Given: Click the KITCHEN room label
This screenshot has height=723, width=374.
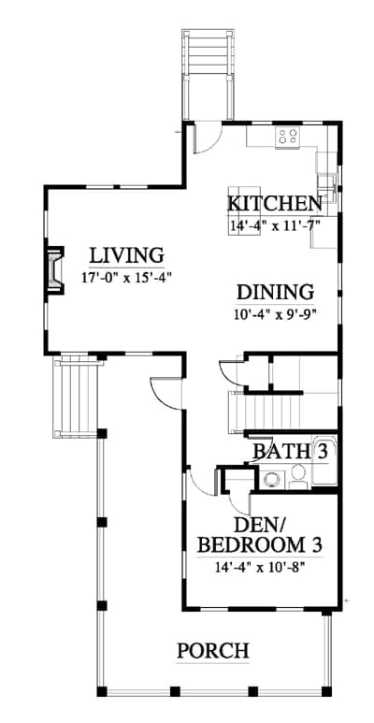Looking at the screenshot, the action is tap(275, 203).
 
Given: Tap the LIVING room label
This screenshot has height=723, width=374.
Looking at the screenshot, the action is tap(127, 255).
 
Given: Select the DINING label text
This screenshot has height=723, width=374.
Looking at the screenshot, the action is tap(275, 293).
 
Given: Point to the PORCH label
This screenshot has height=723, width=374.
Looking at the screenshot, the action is tap(213, 651).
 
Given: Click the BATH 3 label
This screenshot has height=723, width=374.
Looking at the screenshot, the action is tap(291, 451).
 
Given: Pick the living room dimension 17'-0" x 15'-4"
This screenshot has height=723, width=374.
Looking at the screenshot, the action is tap(127, 278).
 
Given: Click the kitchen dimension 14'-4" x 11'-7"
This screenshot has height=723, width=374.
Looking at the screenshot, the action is tap(275, 225).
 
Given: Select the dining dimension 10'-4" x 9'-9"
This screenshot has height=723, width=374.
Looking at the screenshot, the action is tap(276, 314).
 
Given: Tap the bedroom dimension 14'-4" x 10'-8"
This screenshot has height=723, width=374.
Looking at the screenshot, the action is tap(261, 567).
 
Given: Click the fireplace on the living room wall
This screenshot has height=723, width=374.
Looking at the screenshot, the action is tap(54, 270).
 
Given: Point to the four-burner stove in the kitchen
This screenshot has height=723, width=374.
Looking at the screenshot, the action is tap(287, 136).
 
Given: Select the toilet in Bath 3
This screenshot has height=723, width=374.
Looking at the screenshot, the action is tap(299, 476).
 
